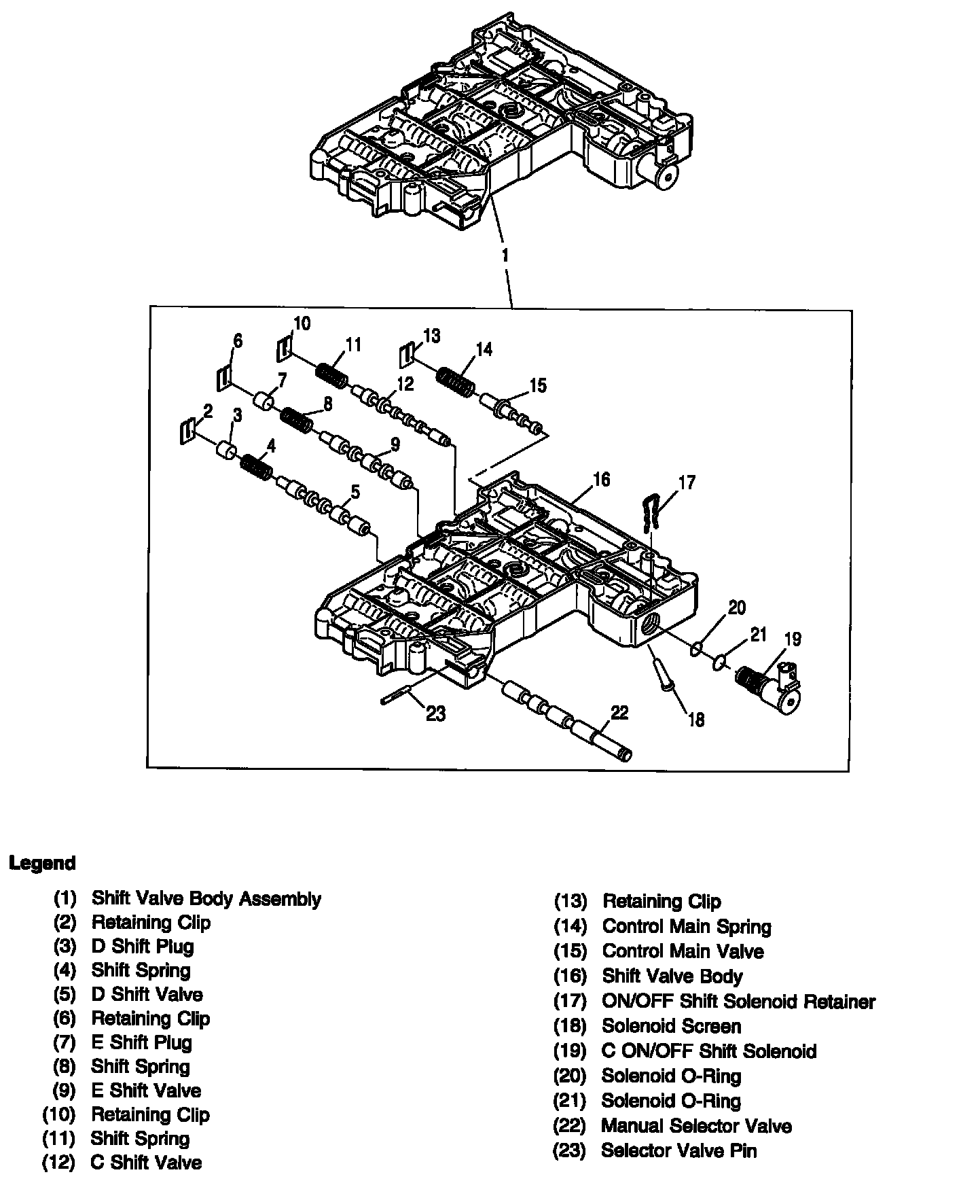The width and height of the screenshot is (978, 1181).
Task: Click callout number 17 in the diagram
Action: pos(687,482)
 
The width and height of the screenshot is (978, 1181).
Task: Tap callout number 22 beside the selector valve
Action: pos(619,712)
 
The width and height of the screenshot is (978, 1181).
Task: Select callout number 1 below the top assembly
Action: pos(505,255)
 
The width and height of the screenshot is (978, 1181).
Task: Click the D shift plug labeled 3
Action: pos(226,451)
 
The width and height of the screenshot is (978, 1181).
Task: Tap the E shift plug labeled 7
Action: pos(264,401)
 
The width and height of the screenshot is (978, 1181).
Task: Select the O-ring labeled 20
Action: pos(696,650)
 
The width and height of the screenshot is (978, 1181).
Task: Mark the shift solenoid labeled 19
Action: pos(774,688)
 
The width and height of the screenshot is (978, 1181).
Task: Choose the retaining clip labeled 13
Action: pos(406,356)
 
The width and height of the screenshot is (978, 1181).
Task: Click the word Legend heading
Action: pos(42,864)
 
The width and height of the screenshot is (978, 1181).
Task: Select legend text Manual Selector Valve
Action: pos(696,1126)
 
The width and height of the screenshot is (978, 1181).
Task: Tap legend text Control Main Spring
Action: pos(687,927)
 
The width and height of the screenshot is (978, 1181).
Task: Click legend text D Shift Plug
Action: pos(143,947)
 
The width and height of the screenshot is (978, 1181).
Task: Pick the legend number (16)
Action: pos(570,976)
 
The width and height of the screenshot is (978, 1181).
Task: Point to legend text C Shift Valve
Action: pos(146,1163)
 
